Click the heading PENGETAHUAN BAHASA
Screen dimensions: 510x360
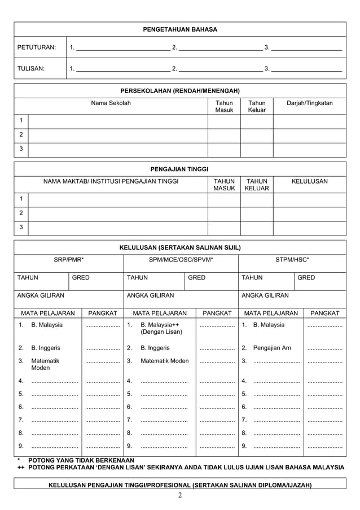point(180,29)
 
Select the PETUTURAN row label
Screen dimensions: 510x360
point(37,47)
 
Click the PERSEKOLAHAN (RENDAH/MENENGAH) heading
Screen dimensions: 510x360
point(180,91)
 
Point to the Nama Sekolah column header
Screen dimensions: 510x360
point(111,103)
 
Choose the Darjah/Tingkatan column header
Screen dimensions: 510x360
point(309,103)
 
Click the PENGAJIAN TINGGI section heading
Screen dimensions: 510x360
point(180,169)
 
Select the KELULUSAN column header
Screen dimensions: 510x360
point(309,181)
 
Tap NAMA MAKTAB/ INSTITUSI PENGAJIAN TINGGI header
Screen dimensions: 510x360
point(111,181)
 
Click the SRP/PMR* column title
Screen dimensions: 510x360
point(69,260)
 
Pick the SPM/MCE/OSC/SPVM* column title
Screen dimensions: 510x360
point(181,260)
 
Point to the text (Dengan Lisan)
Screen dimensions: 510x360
point(161,333)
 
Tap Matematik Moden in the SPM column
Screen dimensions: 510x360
point(164,361)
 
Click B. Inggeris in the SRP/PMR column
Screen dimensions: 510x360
point(46,348)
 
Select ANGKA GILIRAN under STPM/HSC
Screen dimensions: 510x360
point(265,295)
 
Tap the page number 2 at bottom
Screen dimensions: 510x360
point(180,496)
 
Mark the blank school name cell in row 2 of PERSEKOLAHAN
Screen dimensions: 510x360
point(117,136)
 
